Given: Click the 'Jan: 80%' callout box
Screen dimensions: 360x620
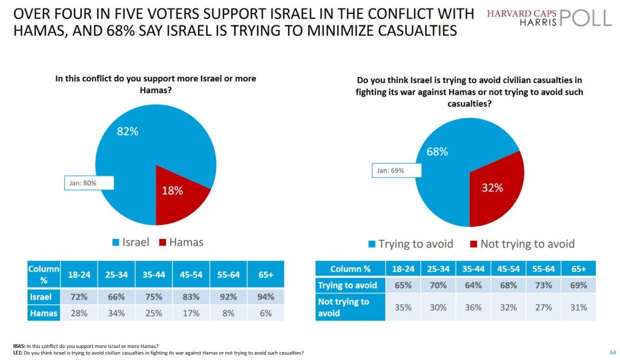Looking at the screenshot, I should (81, 183).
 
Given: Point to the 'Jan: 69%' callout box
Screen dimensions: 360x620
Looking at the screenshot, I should (391, 171).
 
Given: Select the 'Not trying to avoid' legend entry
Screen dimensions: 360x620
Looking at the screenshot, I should (522, 244).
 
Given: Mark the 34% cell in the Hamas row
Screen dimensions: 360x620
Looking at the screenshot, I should (116, 313).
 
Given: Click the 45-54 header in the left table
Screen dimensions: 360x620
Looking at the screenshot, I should (191, 275).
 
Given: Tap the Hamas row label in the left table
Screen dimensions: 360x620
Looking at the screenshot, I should (44, 313).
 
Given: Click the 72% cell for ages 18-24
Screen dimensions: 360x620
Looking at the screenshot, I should (79, 297).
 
